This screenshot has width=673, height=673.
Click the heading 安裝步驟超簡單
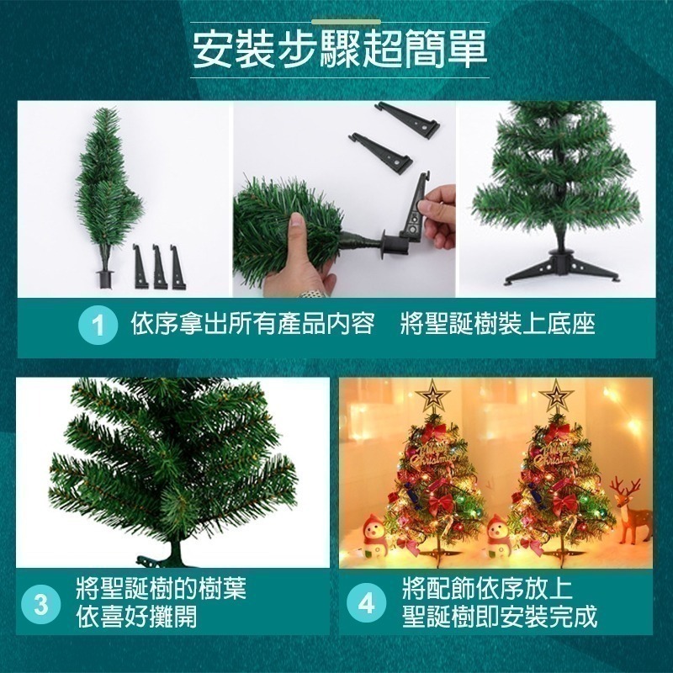(x=340, y=50)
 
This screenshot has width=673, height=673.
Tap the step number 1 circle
(x=98, y=326)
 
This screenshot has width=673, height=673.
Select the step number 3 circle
(x=40, y=604)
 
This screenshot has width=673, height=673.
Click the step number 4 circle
(x=366, y=604)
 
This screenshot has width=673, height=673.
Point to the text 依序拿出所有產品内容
(x=253, y=324)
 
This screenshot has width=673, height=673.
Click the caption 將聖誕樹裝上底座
(x=497, y=324)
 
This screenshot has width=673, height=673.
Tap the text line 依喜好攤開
(x=136, y=617)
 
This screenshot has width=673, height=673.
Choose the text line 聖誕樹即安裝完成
(x=500, y=617)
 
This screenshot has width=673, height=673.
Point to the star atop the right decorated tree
(x=556, y=395)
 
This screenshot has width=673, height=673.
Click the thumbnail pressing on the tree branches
(x=296, y=224)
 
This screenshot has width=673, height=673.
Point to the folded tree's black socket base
(x=103, y=279)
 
